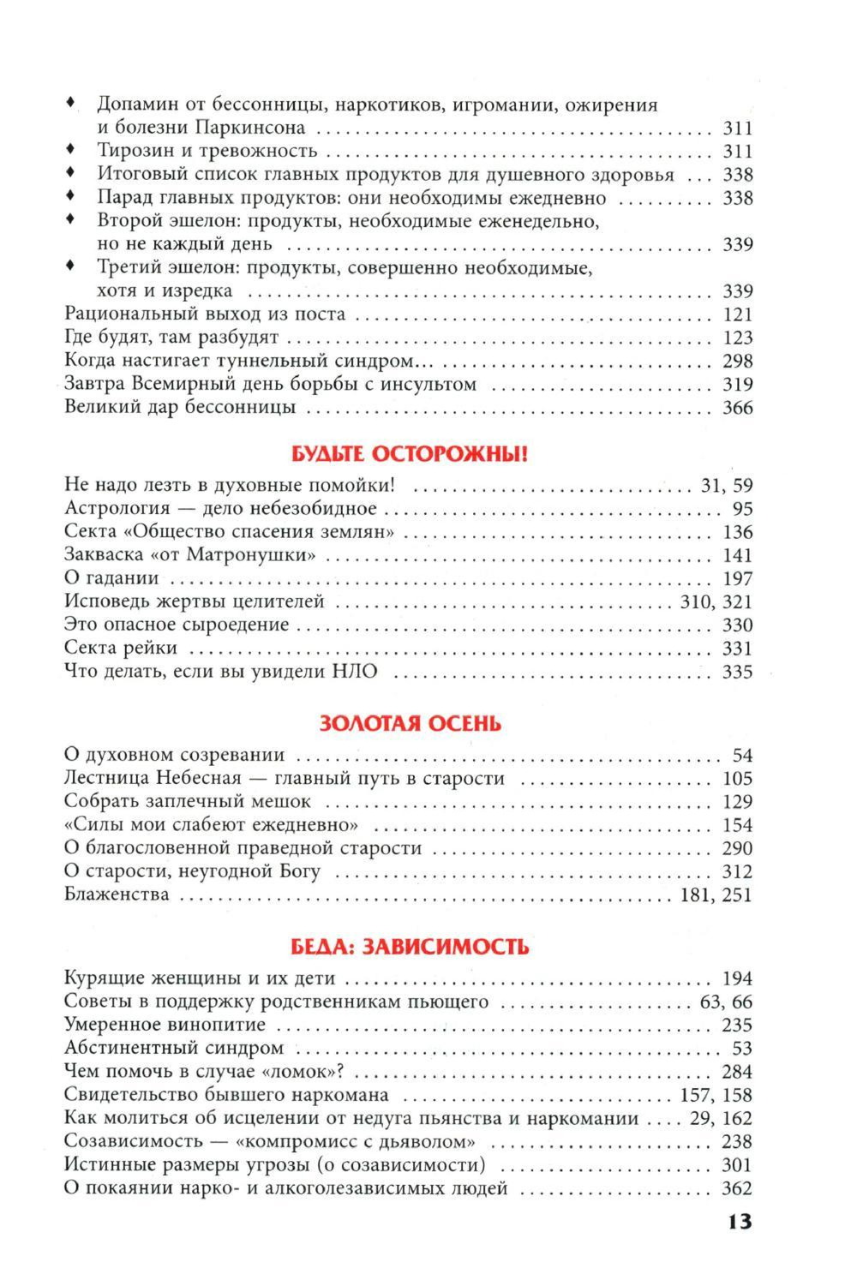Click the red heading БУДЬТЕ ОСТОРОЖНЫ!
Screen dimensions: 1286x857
pos(410,455)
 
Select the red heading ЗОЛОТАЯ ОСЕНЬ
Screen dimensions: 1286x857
pos(410,724)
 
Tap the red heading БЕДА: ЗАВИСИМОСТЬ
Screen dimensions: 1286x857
pos(410,947)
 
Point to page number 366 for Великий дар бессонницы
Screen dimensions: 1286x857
pos(737,408)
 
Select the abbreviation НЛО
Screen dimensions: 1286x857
pos(353,672)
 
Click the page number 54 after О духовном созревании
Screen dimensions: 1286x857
pos(742,756)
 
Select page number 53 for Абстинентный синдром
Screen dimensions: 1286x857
pos(742,1049)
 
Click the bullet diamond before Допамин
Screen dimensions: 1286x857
pos(72,103)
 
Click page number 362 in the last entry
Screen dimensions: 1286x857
pos(737,1188)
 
